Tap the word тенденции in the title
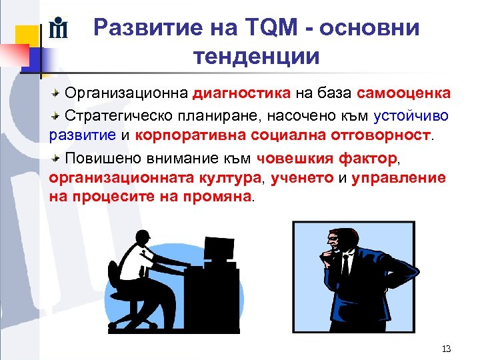257,56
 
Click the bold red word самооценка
404,93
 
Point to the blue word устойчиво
411,115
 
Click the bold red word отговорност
381,136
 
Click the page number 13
447,349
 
